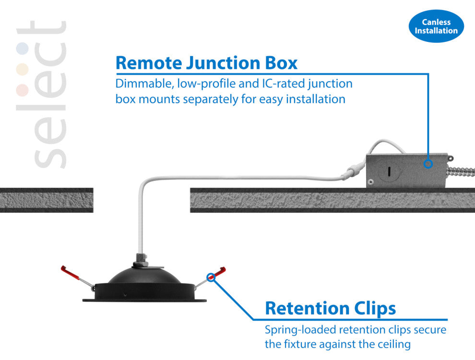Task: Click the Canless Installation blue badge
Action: (436, 26)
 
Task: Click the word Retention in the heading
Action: (305, 308)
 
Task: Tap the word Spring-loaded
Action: (300, 330)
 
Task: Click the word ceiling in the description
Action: (393, 344)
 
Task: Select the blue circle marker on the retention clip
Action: (210, 277)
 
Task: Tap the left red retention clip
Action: (70, 273)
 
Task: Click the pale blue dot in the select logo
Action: (22, 49)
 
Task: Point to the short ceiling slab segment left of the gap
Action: (46, 200)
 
